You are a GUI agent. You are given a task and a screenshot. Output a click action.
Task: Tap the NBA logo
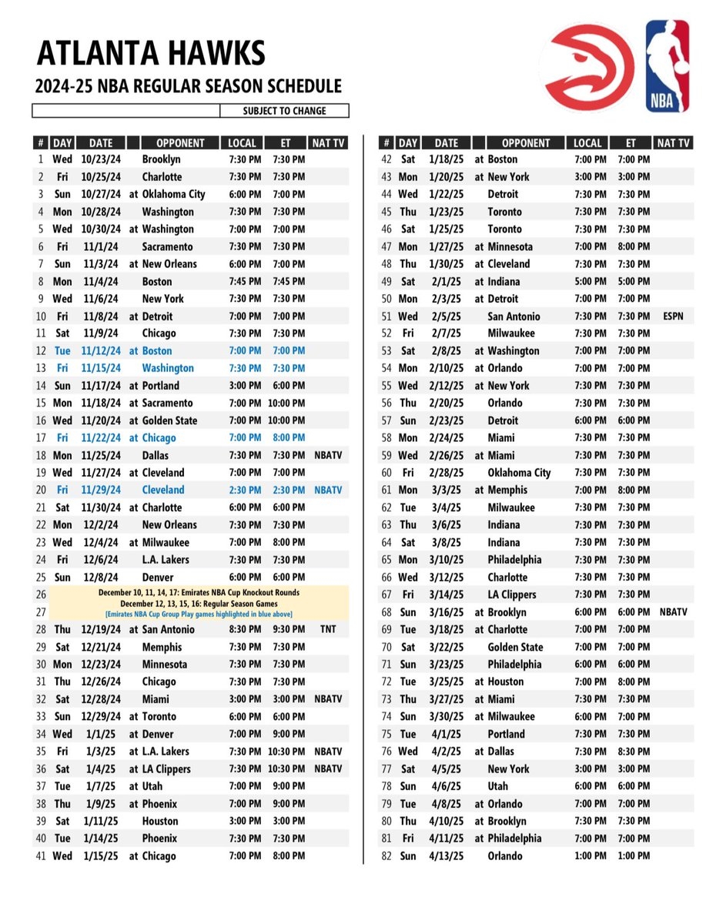[x=667, y=66]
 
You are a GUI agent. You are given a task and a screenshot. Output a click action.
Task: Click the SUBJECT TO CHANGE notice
[x=284, y=111]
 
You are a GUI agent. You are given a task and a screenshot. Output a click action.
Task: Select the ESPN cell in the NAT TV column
[x=672, y=316]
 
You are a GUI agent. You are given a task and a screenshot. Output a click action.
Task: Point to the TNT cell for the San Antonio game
[x=327, y=630]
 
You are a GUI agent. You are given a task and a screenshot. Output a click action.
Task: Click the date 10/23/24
[x=100, y=159]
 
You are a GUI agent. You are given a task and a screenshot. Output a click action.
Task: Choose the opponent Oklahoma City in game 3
[x=173, y=194]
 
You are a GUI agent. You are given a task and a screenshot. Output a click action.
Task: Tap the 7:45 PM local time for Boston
[x=245, y=281]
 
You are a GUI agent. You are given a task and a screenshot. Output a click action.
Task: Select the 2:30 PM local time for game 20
[x=245, y=490]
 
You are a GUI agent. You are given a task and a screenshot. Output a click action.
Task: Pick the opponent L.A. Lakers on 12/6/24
[x=165, y=560]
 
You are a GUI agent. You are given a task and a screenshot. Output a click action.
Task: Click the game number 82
[x=386, y=856]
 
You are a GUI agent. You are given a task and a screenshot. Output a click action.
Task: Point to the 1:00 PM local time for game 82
[x=590, y=856]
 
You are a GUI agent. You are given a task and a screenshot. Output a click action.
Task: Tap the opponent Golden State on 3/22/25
[x=515, y=648]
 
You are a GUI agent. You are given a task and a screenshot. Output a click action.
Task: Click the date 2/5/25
[x=446, y=316]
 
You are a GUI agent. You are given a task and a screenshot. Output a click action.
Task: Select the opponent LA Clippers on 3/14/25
[x=512, y=594]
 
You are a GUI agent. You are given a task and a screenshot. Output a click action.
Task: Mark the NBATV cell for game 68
[x=673, y=612]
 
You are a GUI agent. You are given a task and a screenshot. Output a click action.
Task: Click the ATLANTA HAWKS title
[x=151, y=53]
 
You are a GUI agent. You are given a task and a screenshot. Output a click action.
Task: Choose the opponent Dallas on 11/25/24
[x=159, y=455]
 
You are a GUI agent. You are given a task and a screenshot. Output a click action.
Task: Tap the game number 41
[x=41, y=856]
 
